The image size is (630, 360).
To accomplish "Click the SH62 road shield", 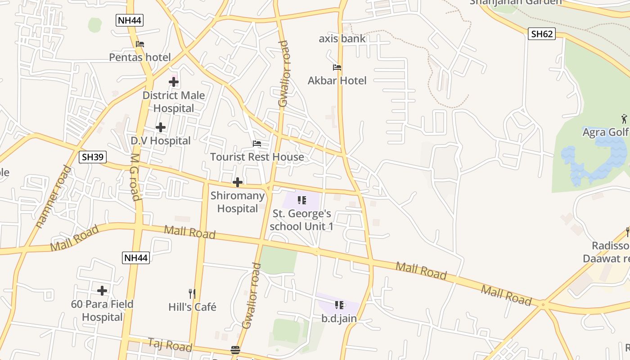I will (x=541, y=34).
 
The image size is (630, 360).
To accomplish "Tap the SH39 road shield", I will (x=92, y=157).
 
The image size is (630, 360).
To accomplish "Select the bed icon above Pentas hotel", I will (x=140, y=44).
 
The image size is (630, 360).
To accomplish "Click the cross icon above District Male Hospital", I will (x=174, y=82).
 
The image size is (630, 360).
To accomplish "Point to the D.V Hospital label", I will (x=161, y=141).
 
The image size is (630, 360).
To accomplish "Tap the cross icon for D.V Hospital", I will (x=161, y=127).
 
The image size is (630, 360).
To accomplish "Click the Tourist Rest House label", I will (x=257, y=157).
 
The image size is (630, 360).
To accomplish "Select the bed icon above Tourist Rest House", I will (x=257, y=144).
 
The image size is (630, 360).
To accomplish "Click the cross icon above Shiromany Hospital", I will (x=238, y=182).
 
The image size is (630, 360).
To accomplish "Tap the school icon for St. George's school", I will (x=302, y=200).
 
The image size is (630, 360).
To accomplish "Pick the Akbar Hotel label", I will (x=337, y=81).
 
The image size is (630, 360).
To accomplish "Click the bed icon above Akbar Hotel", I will (x=337, y=67).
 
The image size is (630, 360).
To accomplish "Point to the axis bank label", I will (x=342, y=39).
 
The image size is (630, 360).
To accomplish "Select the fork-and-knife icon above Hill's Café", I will (x=192, y=294).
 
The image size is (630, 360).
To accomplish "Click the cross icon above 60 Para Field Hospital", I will (x=102, y=291).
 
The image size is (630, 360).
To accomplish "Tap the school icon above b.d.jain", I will (x=339, y=305).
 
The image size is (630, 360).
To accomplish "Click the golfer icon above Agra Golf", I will (x=624, y=119).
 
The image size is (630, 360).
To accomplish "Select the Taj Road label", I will (x=170, y=345).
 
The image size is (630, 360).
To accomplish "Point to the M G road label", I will (x=135, y=177).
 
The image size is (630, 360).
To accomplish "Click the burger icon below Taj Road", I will (x=235, y=350).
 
